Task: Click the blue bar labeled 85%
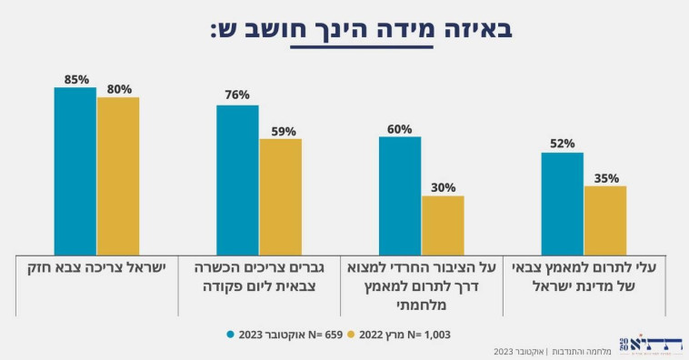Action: (x=75, y=171)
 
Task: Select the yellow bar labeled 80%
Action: (x=118, y=175)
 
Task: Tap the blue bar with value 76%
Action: (x=237, y=179)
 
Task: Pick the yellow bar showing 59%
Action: (x=280, y=196)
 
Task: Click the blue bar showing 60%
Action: (x=400, y=195)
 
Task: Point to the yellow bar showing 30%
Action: (x=443, y=225)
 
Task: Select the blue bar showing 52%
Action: (x=562, y=204)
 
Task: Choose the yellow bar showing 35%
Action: (x=605, y=220)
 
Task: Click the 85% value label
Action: (x=75, y=79)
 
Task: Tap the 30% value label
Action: (x=443, y=187)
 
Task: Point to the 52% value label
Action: (x=562, y=144)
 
